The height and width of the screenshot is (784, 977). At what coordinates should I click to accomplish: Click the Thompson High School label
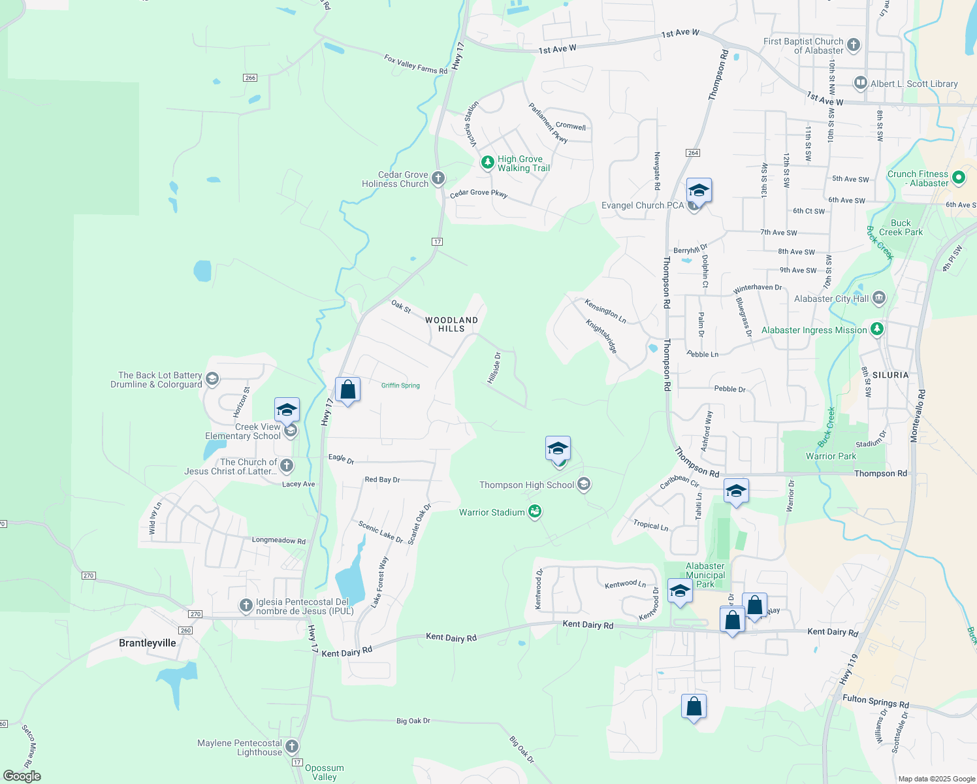click(526, 485)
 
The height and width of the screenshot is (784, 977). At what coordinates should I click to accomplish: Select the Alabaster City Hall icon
click(878, 299)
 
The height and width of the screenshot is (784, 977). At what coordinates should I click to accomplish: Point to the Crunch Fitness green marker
click(959, 177)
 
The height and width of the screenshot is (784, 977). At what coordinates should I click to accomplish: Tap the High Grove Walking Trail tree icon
click(487, 162)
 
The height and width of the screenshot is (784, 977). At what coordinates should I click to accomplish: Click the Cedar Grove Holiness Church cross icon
click(438, 178)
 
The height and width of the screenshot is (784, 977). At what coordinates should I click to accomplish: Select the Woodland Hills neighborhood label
click(451, 324)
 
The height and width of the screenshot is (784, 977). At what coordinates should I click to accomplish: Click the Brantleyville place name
click(148, 643)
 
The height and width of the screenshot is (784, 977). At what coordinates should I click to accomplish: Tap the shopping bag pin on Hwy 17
click(347, 390)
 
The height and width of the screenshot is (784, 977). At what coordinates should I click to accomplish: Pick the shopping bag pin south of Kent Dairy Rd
click(694, 706)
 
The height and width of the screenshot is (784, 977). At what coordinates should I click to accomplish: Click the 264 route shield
click(693, 153)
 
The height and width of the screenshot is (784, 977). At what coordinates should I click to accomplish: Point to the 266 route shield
click(249, 78)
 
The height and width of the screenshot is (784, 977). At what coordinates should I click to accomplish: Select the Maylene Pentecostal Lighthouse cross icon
click(292, 746)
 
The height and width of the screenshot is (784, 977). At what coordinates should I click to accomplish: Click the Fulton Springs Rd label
click(875, 702)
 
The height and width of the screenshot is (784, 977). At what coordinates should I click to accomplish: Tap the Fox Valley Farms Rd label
click(415, 64)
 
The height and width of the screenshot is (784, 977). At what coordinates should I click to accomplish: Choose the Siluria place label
click(890, 375)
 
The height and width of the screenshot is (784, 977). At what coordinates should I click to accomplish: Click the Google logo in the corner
click(22, 776)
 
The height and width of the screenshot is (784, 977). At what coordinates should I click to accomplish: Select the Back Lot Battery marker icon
click(212, 379)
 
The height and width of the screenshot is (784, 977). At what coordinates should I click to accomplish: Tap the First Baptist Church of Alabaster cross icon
click(854, 45)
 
